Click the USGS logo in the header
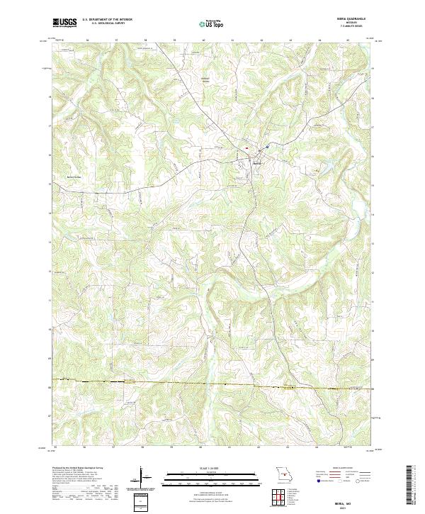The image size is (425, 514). (64, 23)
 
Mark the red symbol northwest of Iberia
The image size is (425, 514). (247, 148)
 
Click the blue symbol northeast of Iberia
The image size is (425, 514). (268, 147)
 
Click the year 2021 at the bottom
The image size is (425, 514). (341, 506)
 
